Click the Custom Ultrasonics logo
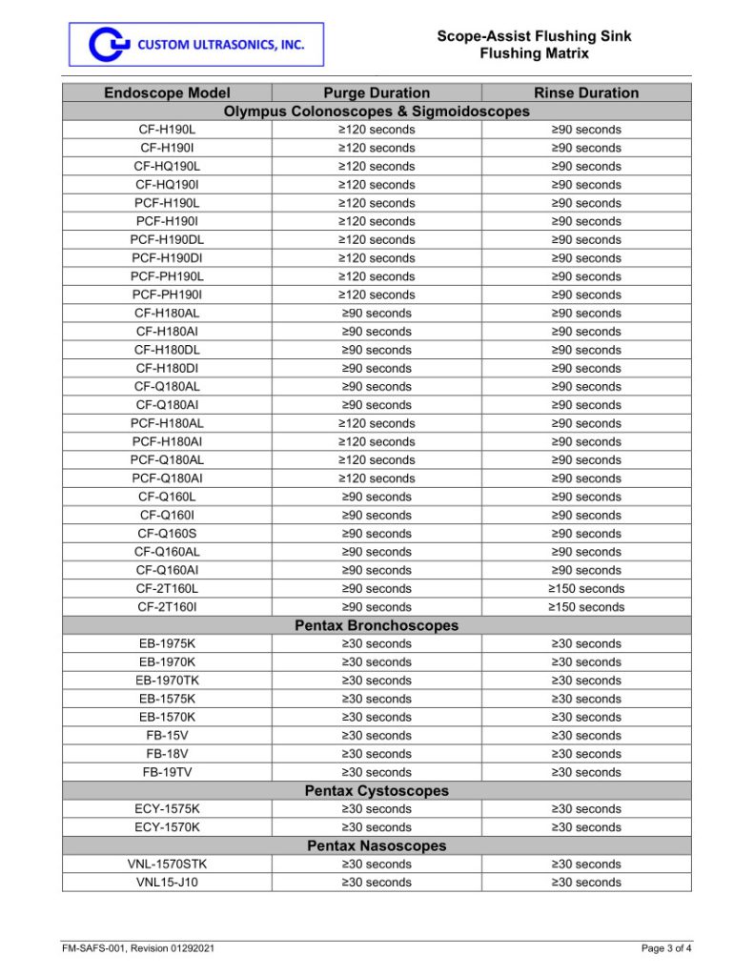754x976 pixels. coord(195,45)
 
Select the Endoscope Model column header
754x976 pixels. coord(167,92)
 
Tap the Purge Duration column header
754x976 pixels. coord(377,92)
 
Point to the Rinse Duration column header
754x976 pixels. coord(586,92)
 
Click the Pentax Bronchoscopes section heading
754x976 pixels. coord(377,625)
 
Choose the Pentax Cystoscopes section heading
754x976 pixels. coord(377,790)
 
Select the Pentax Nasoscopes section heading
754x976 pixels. coord(377,845)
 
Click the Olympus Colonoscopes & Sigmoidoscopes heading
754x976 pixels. coord(377,112)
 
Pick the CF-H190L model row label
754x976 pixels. coord(167,130)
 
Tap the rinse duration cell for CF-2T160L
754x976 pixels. coord(586,589)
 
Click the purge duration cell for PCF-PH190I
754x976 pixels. coord(377,295)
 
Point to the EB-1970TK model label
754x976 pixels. coord(167,681)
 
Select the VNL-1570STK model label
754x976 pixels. coord(167,864)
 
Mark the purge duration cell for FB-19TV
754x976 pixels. coord(377,772)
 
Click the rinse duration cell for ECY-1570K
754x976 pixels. coord(586,827)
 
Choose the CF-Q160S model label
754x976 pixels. coord(167,534)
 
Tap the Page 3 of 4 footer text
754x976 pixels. coord(666,948)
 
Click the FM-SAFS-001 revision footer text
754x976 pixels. coord(132,948)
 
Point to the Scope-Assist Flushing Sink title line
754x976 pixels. coord(534,36)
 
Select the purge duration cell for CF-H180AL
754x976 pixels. coord(377,314)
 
